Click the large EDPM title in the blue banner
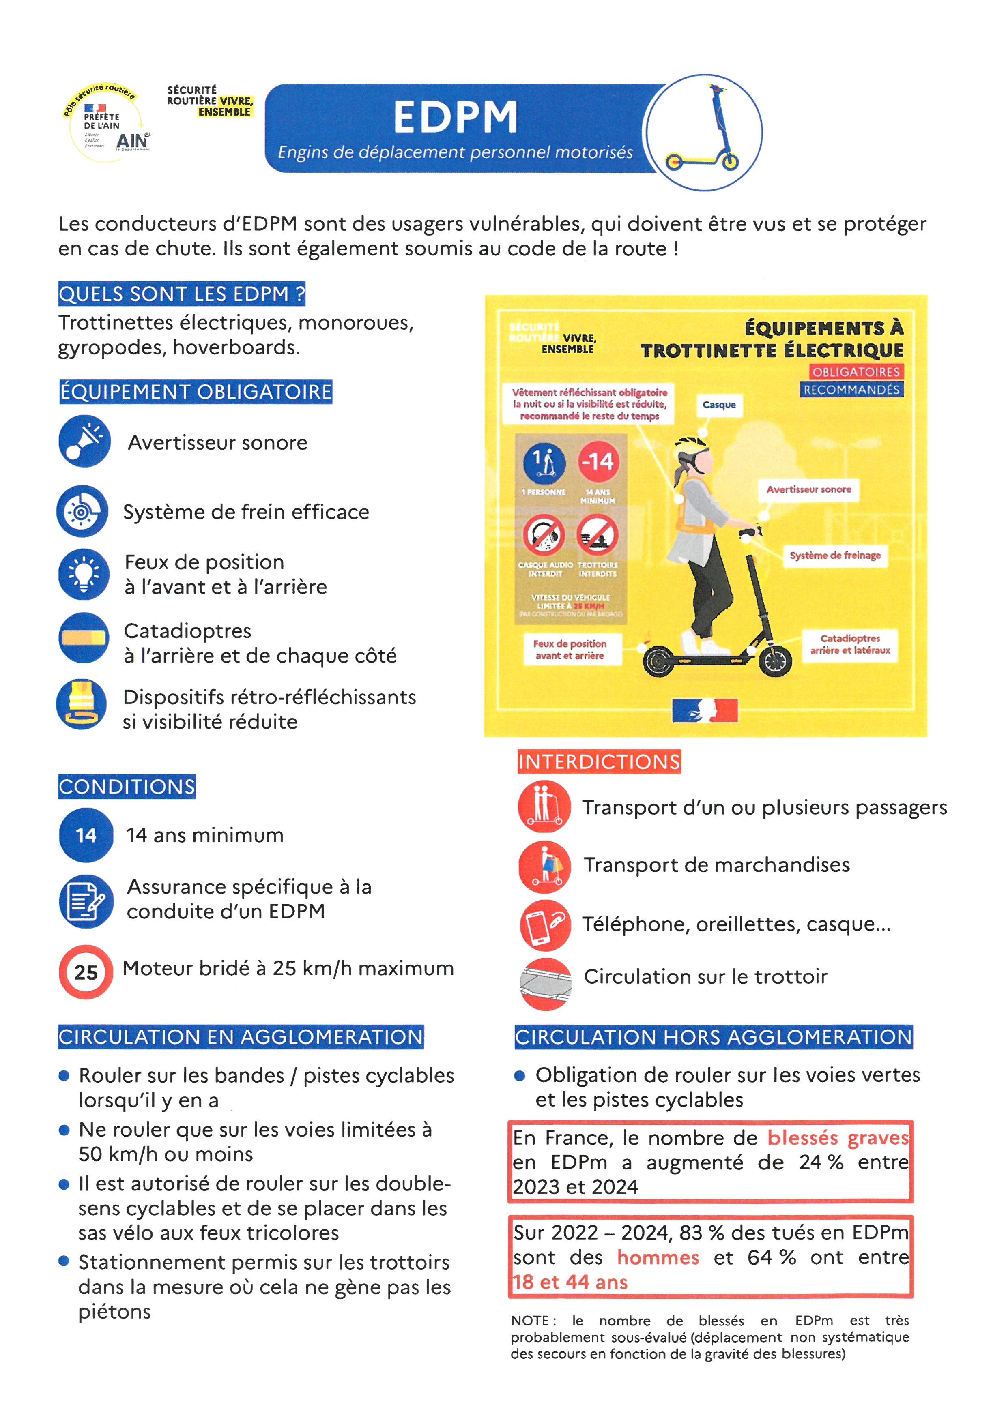(x=455, y=117)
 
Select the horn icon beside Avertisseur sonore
(x=85, y=441)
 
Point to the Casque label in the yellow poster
(x=718, y=405)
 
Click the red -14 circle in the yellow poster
(x=598, y=461)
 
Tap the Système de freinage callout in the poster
(x=834, y=556)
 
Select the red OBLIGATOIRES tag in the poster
(x=856, y=371)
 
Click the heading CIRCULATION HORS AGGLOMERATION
(x=713, y=1037)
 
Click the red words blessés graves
(x=838, y=1138)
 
